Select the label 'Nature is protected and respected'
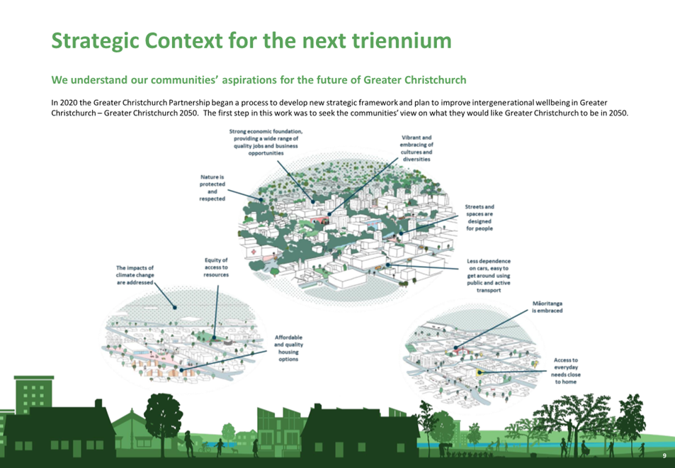click(212, 188)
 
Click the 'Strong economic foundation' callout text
click(266, 143)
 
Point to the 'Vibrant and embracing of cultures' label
click(416, 148)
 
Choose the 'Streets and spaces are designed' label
click(480, 218)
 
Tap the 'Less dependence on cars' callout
click(489, 276)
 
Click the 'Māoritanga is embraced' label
click(547, 307)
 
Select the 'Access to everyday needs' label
click(566, 371)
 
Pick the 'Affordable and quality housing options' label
click(288, 348)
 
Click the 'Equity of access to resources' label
click(216, 267)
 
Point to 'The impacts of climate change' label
click(135, 275)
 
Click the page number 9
click(664, 456)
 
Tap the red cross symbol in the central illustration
click(254, 251)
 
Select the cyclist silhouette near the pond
click(205, 447)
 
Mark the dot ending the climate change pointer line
click(175, 307)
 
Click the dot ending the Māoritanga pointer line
click(455, 347)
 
